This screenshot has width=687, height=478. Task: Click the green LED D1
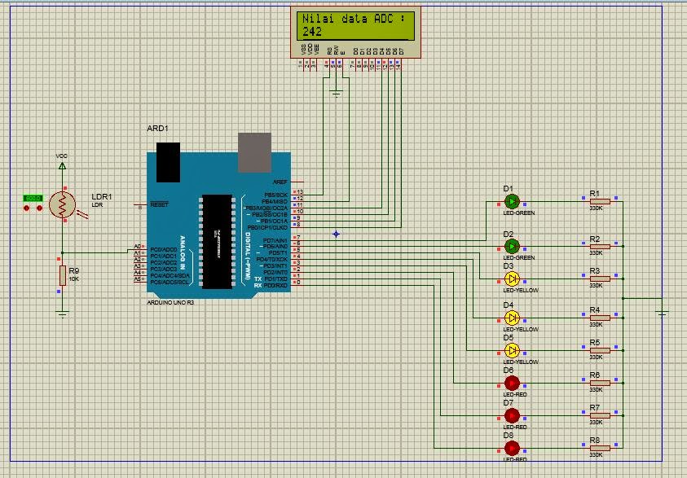512,200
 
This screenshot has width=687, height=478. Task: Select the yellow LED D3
512,278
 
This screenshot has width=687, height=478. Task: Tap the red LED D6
512,382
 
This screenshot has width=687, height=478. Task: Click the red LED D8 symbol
512,447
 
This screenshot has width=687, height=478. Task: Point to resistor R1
599,201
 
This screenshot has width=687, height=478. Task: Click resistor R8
599,447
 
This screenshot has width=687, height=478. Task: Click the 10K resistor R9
62,275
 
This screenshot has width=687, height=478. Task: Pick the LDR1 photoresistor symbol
61,205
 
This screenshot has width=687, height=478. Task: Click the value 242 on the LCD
312,32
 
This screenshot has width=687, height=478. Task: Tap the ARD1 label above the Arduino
157,129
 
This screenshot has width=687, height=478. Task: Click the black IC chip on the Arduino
215,241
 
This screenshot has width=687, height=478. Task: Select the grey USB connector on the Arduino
254,153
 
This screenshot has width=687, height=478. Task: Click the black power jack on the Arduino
168,161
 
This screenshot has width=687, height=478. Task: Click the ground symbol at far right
663,313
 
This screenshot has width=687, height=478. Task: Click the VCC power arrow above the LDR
62,164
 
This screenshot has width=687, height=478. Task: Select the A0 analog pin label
137,248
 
